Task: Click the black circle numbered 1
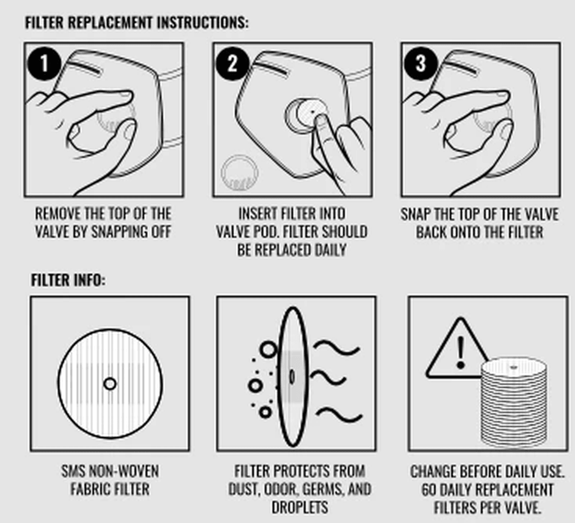click(44, 64)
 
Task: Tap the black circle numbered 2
click(232, 64)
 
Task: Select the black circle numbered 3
click(421, 64)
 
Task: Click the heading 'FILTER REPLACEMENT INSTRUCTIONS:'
click(136, 23)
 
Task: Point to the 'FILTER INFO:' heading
click(68, 280)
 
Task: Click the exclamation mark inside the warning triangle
click(461, 353)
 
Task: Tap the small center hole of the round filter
click(110, 384)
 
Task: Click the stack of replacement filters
click(513, 403)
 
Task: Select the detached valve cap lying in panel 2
click(240, 173)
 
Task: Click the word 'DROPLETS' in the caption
click(300, 507)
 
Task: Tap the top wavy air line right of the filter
click(337, 347)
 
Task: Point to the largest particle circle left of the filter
click(268, 349)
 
